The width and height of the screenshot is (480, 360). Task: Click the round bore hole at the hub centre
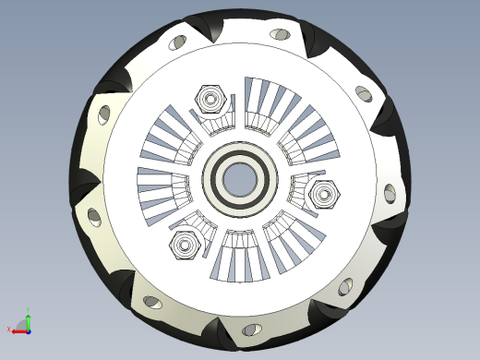pos(239,178)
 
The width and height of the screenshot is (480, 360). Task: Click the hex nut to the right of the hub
pos(325,195)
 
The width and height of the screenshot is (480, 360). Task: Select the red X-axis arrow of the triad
pos(19,330)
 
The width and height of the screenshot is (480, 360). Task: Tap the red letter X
pos(11,329)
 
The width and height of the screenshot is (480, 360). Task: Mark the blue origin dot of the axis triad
pos(29,330)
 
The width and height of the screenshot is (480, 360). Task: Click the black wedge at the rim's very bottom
pos(221,330)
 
